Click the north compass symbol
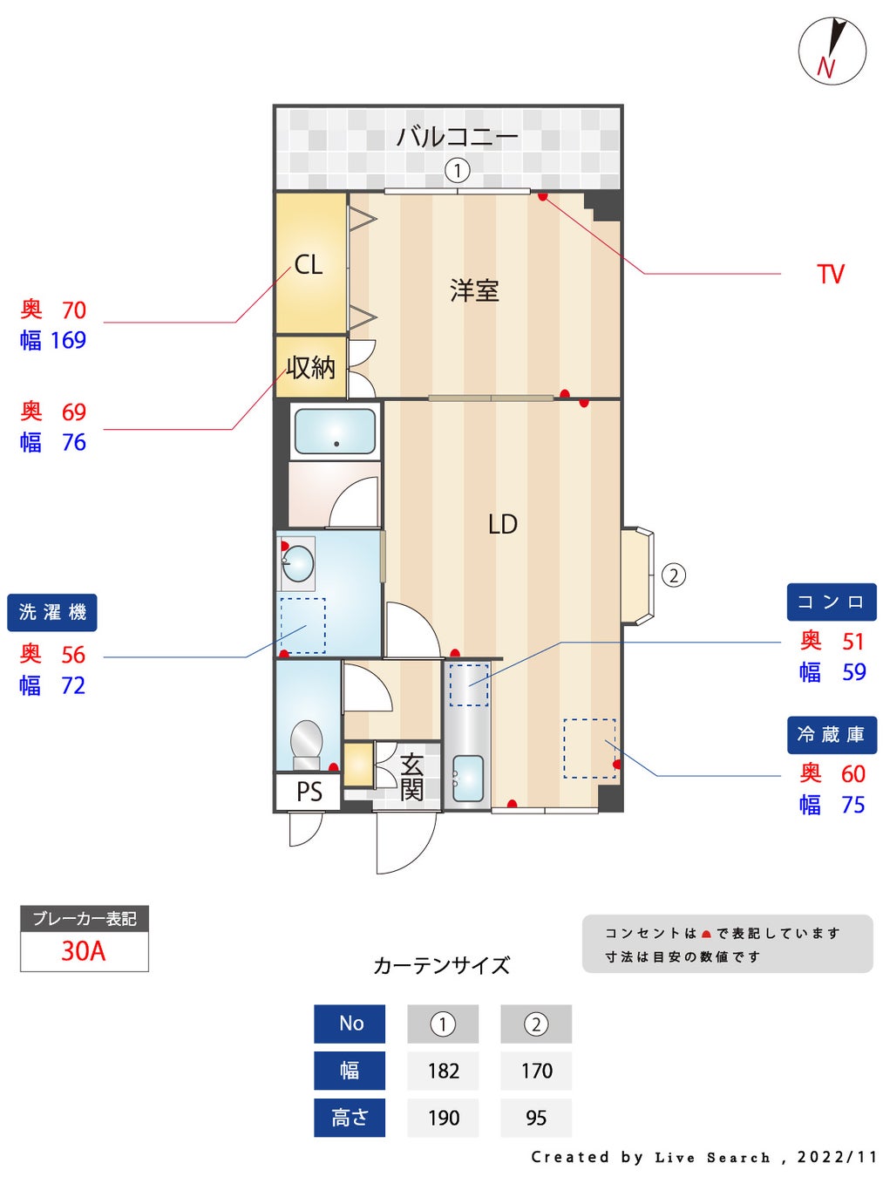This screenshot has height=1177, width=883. coord(832,51)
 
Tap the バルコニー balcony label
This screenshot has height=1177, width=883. coord(457,137)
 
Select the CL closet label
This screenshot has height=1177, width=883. coord(309,264)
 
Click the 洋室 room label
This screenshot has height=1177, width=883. coord(474,290)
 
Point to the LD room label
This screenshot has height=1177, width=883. coord(502,524)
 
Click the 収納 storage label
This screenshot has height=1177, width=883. coord(310,367)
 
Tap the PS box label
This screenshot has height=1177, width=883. coord(309,792)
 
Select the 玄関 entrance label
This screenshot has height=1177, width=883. coord(411,777)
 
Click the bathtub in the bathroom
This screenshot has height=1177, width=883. coord(335,431)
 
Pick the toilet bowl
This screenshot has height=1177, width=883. coord(306,740)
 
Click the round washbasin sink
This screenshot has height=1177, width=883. coord(297,563)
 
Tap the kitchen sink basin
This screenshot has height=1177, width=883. coord(468,778)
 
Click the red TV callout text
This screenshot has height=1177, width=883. coord(831,275)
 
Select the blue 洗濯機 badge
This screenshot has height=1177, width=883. coord(52,612)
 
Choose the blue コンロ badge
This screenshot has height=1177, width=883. coord(831,602)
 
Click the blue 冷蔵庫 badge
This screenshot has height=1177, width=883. coord(831,734)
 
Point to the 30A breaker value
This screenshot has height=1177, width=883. coord(84,951)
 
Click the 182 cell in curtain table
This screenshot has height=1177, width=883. coord(443,1071)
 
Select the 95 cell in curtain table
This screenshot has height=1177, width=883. coord(536,1118)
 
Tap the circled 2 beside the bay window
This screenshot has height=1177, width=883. coord(674,575)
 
